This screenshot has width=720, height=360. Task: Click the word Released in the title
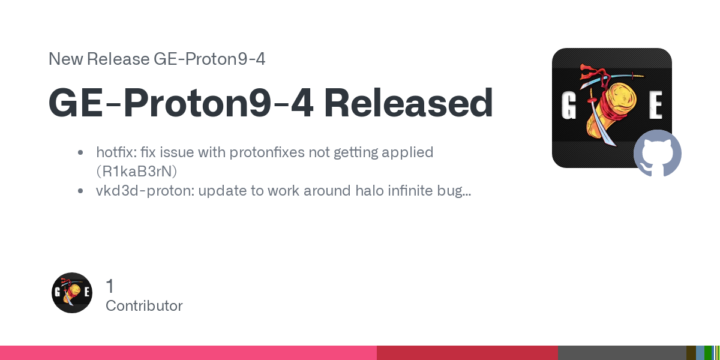[409, 103]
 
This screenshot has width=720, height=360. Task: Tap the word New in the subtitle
[65, 59]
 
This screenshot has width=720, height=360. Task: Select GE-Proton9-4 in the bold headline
[181, 103]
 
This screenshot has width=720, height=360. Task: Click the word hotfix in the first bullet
[116, 152]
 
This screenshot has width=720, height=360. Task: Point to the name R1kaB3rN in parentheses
[137, 172]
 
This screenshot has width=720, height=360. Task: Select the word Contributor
[144, 305]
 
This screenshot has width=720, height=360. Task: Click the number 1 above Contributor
[110, 286]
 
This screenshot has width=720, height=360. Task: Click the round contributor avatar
[72, 293]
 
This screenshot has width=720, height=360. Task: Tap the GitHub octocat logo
[658, 153]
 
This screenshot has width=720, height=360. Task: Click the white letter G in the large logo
[568, 106]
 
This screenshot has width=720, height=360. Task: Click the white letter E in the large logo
[655, 105]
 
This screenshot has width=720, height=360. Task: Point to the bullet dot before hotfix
[80, 152]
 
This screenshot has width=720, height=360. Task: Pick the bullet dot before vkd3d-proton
[80, 191]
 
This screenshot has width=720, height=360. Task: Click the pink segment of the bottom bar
[188, 353]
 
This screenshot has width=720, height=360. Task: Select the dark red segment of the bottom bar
[467, 353]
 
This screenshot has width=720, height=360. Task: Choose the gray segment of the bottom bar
[622, 353]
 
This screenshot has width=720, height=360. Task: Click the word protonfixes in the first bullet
[267, 152]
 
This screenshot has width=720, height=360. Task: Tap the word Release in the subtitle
[118, 59]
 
